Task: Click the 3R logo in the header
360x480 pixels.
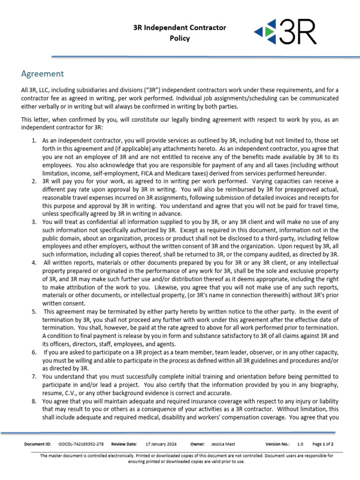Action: coord(285,32)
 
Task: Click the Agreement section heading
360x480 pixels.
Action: coord(42,74)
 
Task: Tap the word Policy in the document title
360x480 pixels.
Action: coord(180,38)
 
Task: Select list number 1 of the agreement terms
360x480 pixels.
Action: coord(34,141)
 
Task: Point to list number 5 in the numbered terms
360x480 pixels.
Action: coord(34,311)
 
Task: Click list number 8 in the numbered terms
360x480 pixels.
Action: coord(34,402)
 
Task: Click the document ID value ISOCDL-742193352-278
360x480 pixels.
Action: coord(81,444)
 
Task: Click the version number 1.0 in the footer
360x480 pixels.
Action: coord(300,444)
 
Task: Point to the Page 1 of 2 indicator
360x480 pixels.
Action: coord(322,444)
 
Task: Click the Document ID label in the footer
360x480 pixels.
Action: coord(38,444)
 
